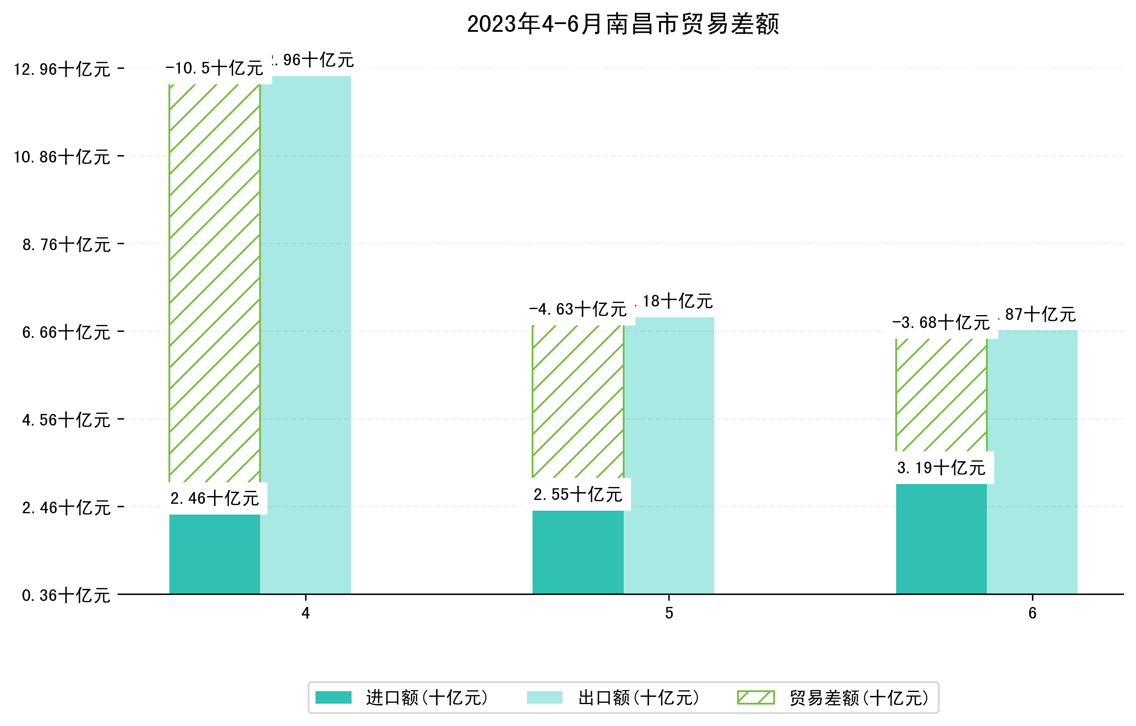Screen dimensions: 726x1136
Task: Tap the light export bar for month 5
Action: point(669,455)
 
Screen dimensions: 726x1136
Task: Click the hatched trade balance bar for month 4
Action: point(214,283)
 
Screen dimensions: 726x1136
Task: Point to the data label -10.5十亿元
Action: point(214,68)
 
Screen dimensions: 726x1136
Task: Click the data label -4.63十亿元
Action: point(578,309)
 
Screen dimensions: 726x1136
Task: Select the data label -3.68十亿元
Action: point(941,323)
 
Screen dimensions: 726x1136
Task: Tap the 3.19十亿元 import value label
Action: point(941,468)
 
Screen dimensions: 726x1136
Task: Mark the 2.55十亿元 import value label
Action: point(578,495)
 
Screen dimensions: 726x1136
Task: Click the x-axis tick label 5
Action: point(669,613)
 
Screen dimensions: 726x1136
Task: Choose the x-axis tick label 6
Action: point(1032,613)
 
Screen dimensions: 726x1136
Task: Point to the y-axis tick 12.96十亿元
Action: point(62,69)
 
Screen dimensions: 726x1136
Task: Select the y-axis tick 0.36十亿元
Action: point(66,595)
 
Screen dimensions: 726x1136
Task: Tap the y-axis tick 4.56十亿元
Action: point(66,420)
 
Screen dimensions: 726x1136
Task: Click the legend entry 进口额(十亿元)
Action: point(426,698)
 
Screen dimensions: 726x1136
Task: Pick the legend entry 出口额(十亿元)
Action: point(638,698)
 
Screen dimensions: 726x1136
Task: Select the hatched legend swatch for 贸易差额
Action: point(756,697)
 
